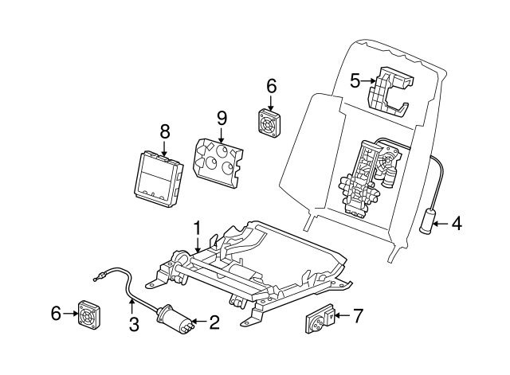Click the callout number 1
click(x=197, y=229)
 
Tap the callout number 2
click(x=214, y=322)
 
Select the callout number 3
click(x=133, y=324)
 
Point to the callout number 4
click(x=456, y=224)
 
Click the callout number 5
click(x=355, y=80)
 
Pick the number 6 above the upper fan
click(x=271, y=86)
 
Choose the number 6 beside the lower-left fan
click(x=55, y=314)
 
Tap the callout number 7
click(x=358, y=317)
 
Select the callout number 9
click(x=222, y=118)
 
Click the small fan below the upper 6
click(x=270, y=122)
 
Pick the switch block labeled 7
click(x=320, y=322)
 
